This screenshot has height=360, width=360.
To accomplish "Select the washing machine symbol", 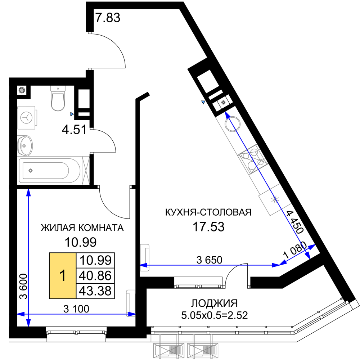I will pos(27,117).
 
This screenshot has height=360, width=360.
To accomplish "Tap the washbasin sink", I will pos(25,145).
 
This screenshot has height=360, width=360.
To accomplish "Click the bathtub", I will pos(49,170).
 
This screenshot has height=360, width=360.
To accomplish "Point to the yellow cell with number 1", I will pos(63,276).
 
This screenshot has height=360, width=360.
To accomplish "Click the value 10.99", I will pos(95,260).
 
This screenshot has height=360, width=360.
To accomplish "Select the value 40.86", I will pos(95,276).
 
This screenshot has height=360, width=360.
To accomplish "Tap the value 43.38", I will pos(95,291).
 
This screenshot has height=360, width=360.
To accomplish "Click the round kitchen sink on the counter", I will pos(232,123).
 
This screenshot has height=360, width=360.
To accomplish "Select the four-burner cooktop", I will pos(253,160).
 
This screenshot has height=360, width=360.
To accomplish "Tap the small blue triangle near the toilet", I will pos(72,114).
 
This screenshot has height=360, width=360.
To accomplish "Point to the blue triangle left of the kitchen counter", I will pos(203,102).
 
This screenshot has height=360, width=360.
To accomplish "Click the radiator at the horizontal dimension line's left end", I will pos(145,257).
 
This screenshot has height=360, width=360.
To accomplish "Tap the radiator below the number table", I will pos(131,303).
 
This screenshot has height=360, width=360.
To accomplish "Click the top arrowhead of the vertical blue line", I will pos(28,193).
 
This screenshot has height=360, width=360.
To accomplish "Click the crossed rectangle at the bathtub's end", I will pos(85,170).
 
